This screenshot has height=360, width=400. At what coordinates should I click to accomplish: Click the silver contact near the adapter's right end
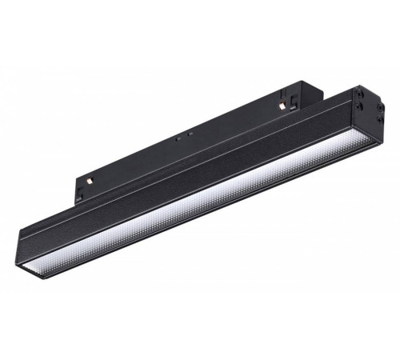coord(283,106)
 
